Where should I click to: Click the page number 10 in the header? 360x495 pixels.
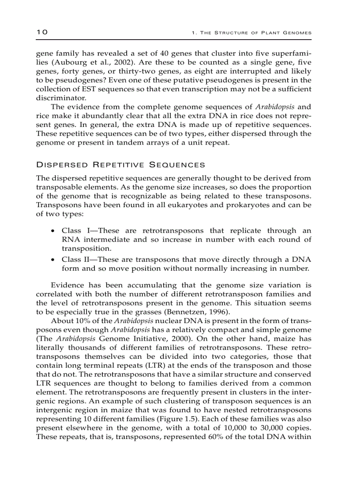point(42,32)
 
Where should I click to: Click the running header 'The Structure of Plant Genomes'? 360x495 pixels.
point(252,33)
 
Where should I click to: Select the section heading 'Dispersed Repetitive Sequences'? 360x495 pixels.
point(120,165)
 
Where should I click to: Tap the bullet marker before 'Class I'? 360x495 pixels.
point(53,231)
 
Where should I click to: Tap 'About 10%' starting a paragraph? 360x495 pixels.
point(69,321)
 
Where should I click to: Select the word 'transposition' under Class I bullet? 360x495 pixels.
point(83,249)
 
